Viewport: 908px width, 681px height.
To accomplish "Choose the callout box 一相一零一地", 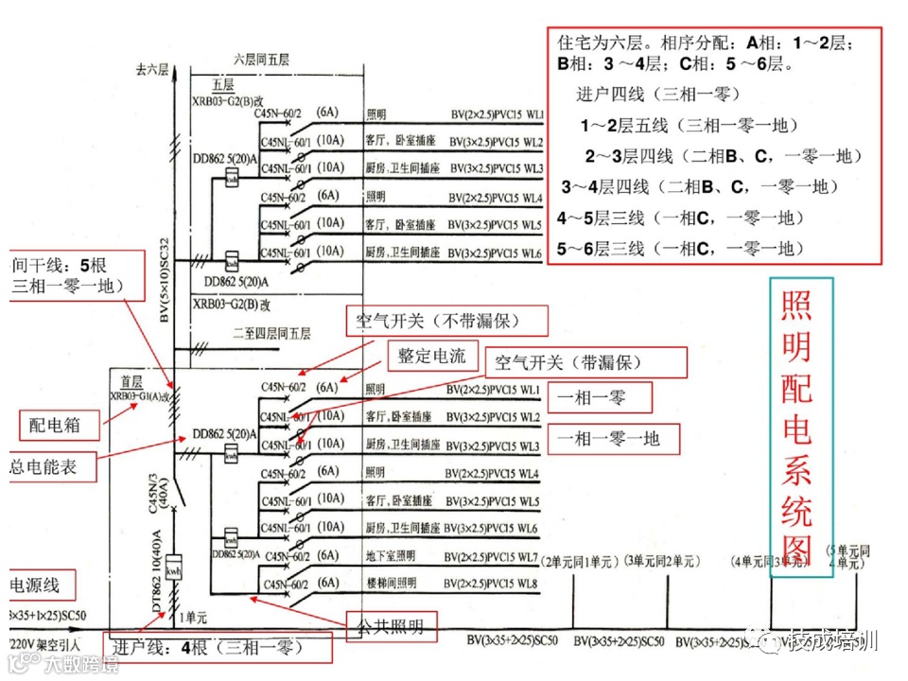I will point(620,437).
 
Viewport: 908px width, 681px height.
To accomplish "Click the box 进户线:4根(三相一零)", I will point(220,649).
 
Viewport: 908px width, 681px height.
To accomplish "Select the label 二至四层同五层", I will point(271,333).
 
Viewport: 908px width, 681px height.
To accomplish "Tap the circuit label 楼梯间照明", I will point(390,583).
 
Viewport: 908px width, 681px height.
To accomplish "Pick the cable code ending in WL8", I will point(491,583).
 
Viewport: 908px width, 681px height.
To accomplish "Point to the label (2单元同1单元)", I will point(578,562).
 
